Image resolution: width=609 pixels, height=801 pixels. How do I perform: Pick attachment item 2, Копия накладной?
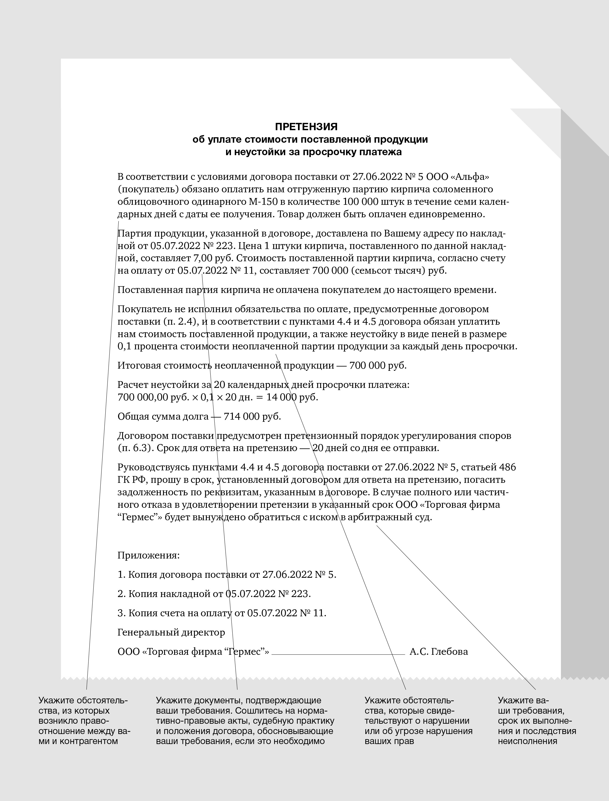click(214, 594)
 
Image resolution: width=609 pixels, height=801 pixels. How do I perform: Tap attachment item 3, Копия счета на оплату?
click(222, 613)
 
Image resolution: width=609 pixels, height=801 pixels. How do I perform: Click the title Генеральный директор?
click(171, 632)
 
